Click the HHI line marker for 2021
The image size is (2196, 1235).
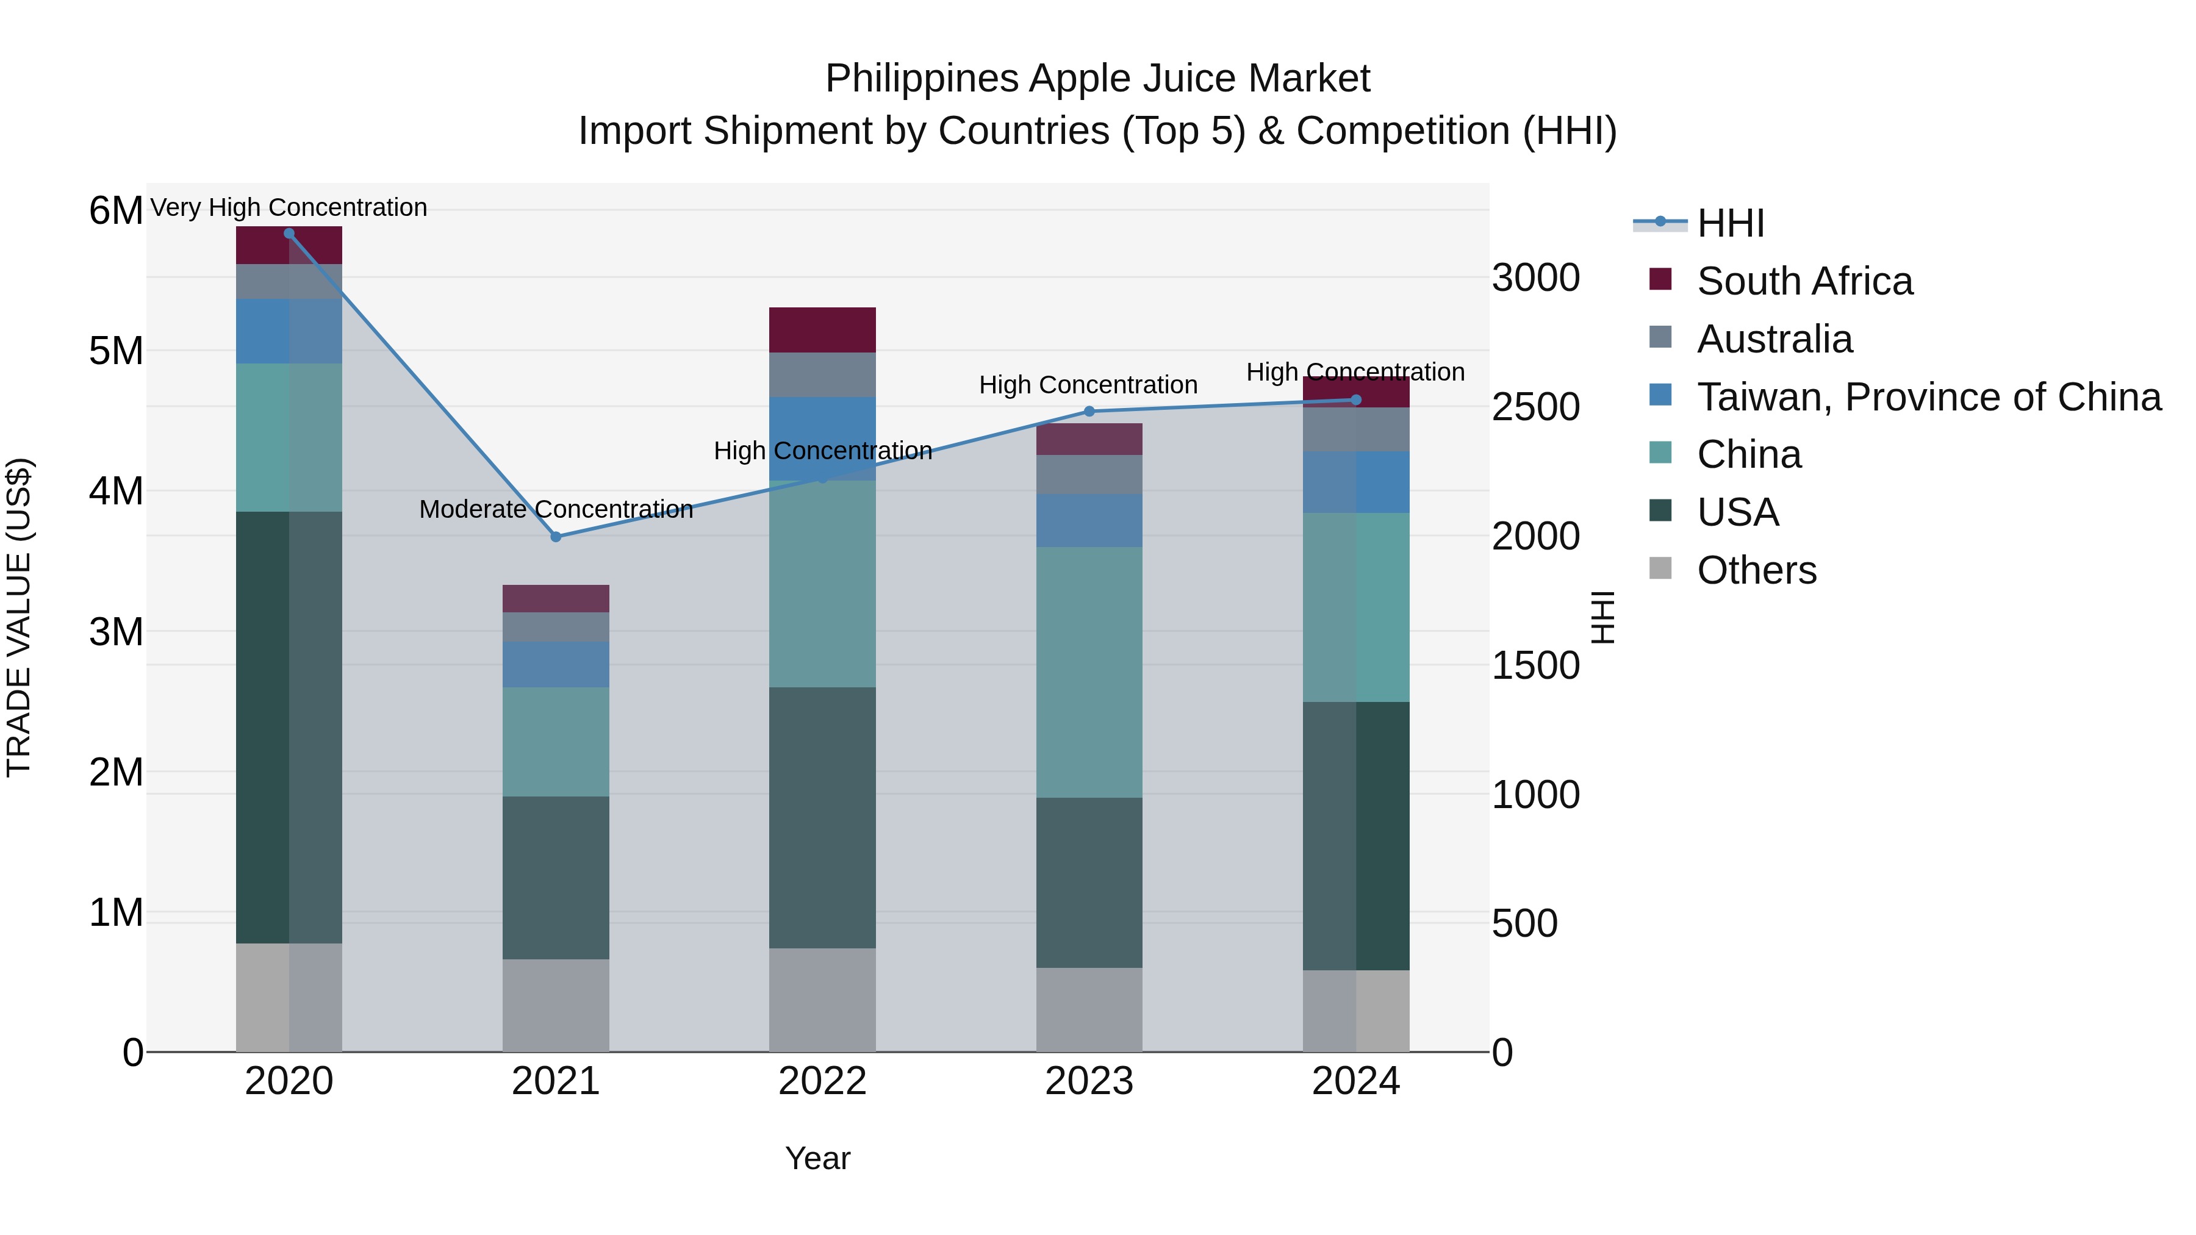coord(556,537)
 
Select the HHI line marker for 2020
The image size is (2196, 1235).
coord(289,234)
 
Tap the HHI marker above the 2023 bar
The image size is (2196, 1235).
coord(1089,412)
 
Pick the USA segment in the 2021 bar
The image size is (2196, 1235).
coord(556,878)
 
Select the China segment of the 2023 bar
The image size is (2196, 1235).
coord(1089,673)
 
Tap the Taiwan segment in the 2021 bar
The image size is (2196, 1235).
coord(556,665)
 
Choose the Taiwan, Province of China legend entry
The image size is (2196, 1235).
coord(1928,397)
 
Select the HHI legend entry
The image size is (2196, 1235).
coord(1730,223)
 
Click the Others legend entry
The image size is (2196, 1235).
coord(1756,570)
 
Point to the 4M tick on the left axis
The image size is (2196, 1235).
coord(116,492)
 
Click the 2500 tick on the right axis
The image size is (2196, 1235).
coord(1535,407)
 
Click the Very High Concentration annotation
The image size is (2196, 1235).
coord(289,207)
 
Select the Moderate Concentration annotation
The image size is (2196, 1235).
coord(556,510)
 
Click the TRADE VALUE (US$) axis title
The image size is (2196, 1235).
coord(20,617)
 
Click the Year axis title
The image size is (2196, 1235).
coord(817,1158)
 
